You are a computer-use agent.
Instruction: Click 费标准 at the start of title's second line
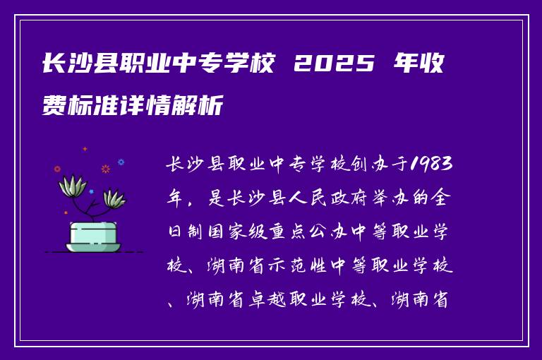[x=82, y=107]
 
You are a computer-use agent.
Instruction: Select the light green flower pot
[x=92, y=232]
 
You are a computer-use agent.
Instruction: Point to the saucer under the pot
[x=92, y=247]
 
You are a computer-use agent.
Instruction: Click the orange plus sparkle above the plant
[x=85, y=149]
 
